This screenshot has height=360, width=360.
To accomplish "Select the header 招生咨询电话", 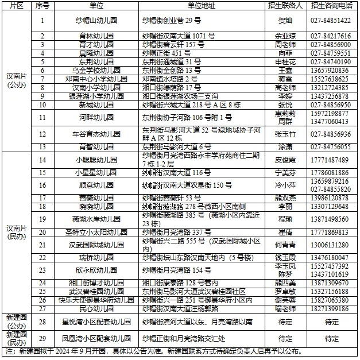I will pos(332,5).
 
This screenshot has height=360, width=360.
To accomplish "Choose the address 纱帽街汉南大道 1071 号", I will pos(179,36).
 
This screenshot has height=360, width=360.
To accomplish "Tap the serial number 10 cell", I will pos(42,105).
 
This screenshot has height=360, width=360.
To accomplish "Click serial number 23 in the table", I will pos(42,270).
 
